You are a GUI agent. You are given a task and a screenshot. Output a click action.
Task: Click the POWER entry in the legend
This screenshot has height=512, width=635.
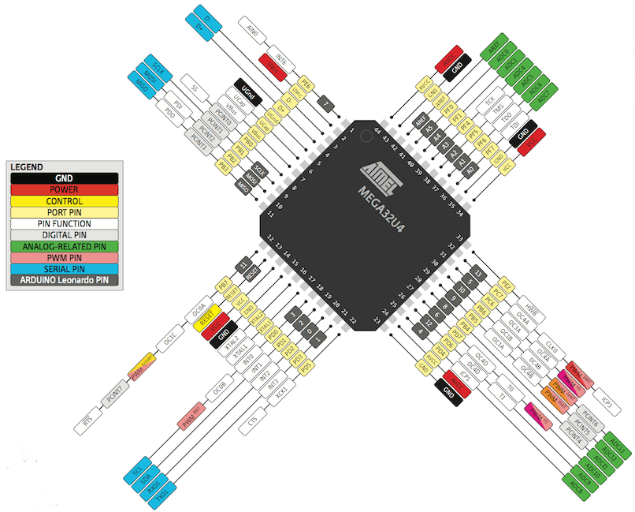(64, 189)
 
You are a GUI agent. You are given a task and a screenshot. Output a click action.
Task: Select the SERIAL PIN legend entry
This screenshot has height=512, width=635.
(64, 267)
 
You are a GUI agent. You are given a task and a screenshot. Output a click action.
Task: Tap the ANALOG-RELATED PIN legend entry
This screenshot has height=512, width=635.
(64, 245)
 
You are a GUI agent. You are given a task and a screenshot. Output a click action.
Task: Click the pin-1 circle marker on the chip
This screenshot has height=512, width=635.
(365, 136)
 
